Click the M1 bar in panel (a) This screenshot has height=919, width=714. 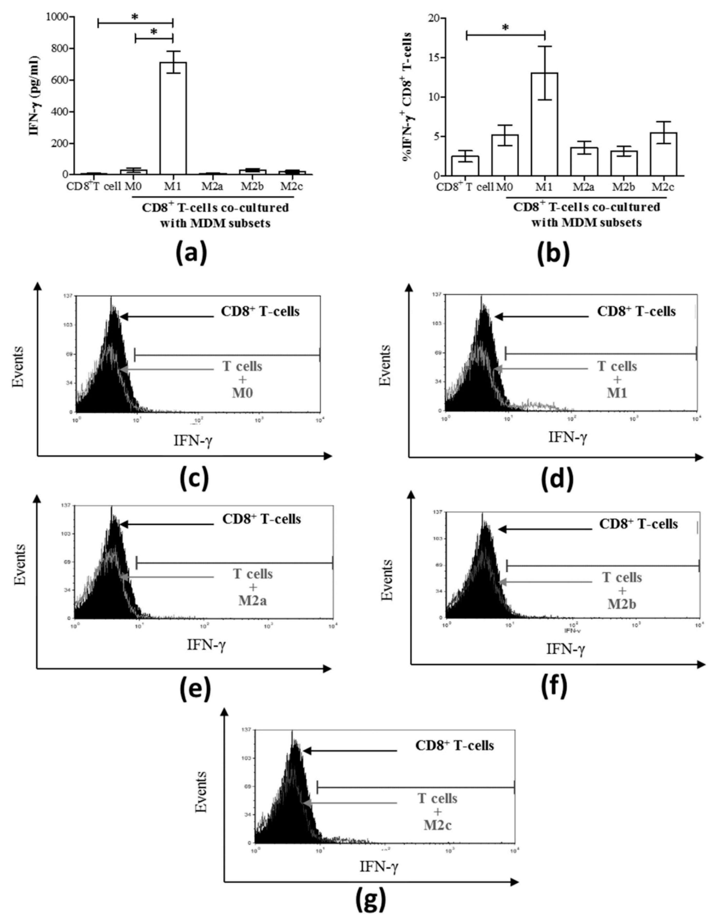[173, 118]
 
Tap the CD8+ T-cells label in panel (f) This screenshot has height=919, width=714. [638, 524]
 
